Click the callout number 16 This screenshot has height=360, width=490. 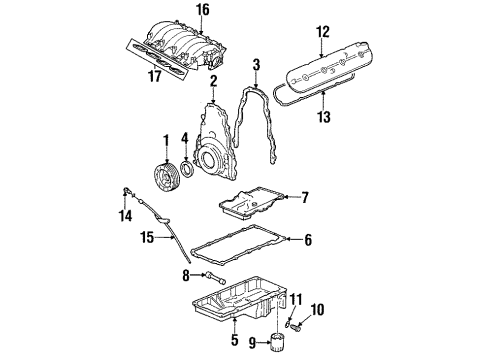click(203, 10)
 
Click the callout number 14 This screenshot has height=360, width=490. click(125, 216)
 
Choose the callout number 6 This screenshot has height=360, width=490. click(307, 240)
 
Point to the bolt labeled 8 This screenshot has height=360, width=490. click(216, 272)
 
